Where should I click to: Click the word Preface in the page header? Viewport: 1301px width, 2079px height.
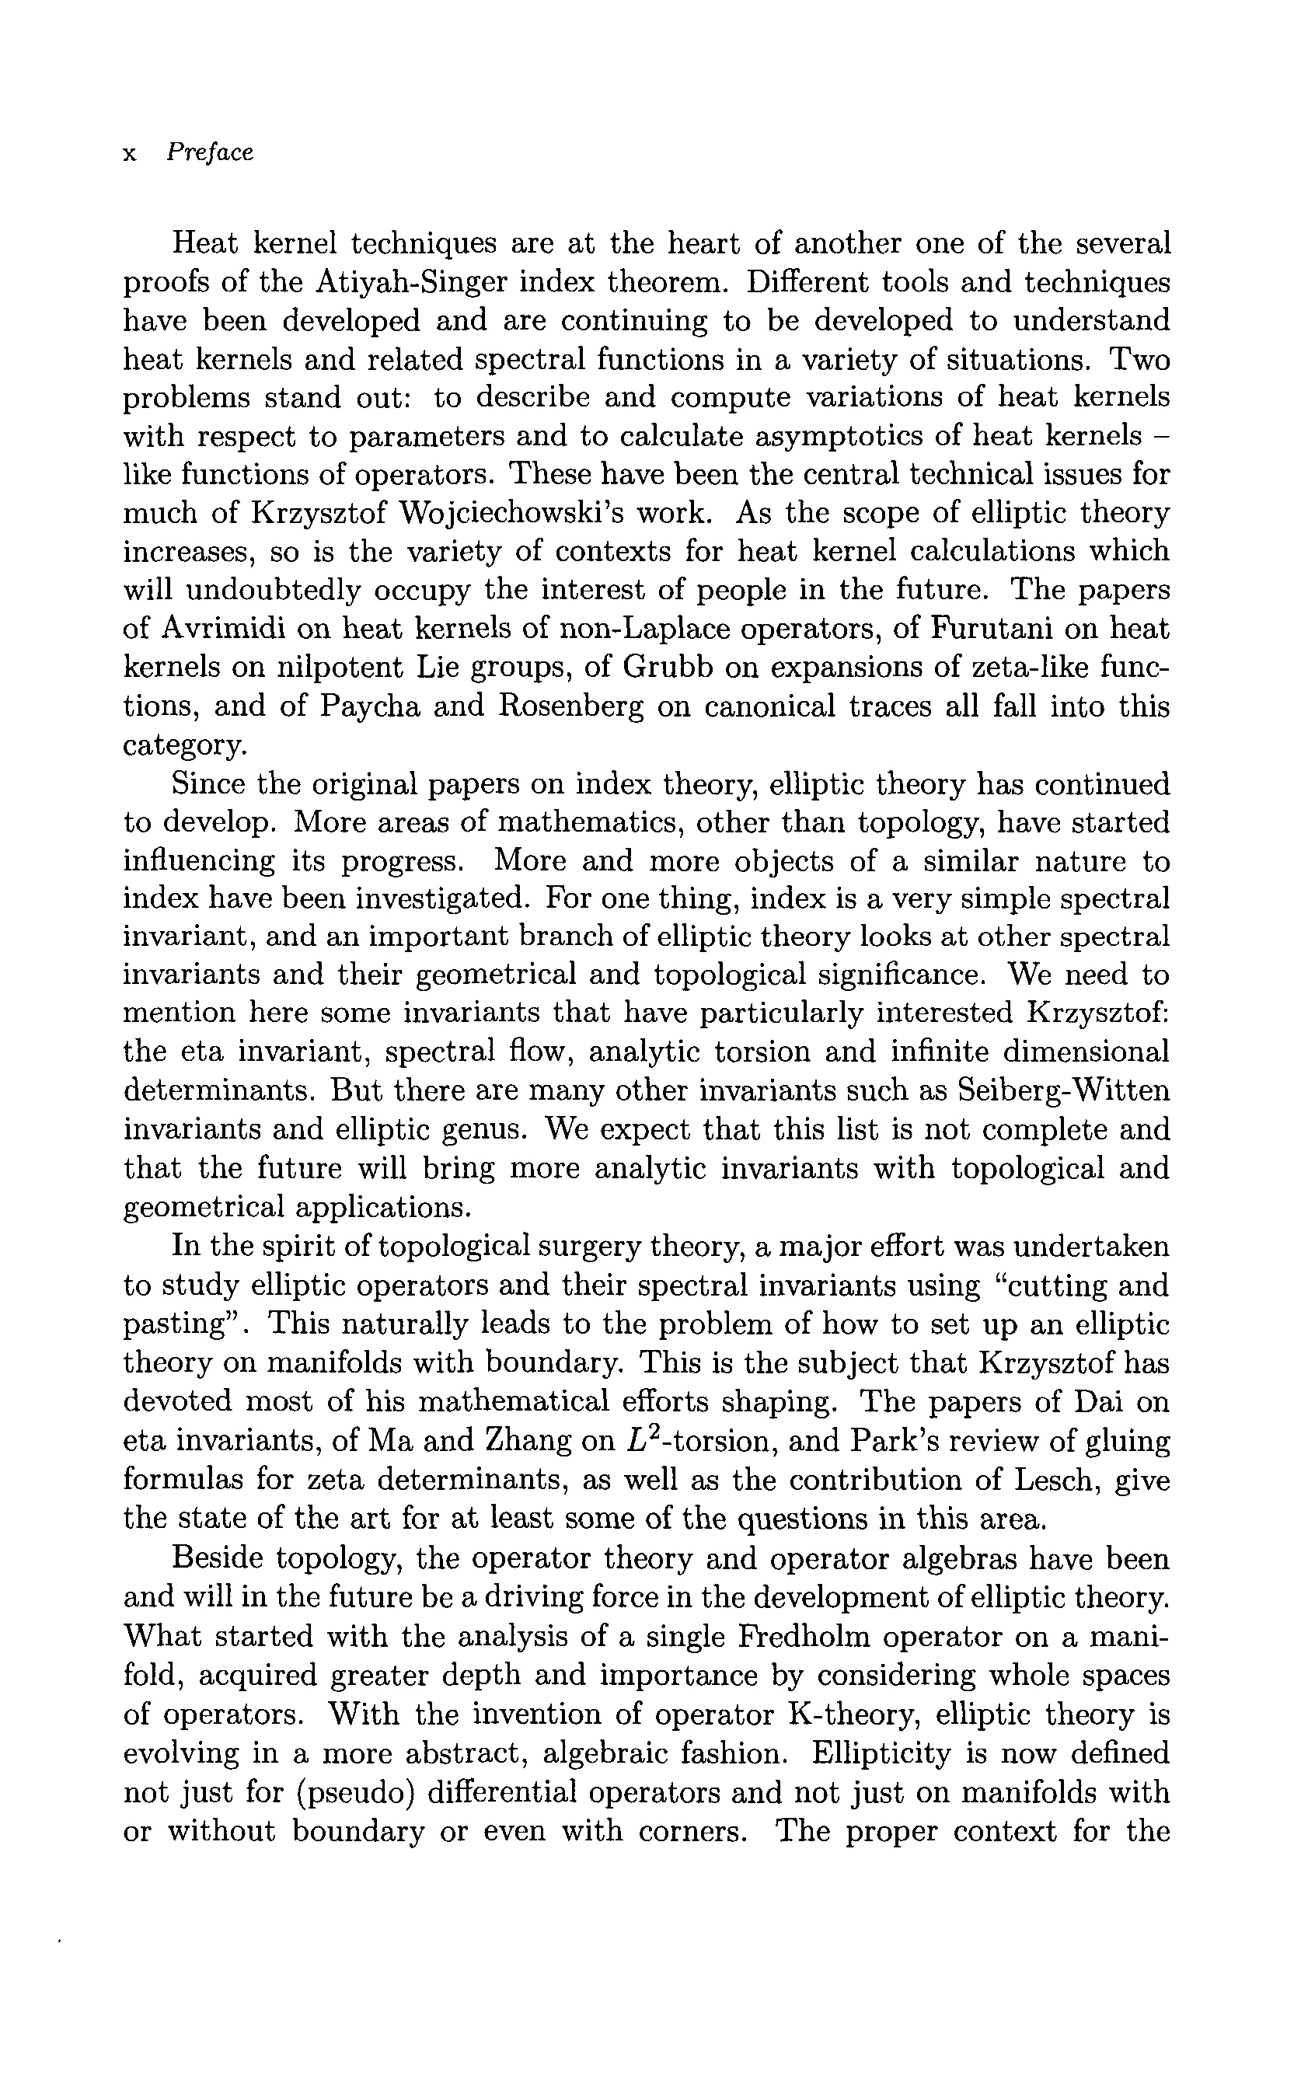click(x=210, y=153)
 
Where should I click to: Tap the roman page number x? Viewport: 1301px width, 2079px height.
click(x=131, y=155)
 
